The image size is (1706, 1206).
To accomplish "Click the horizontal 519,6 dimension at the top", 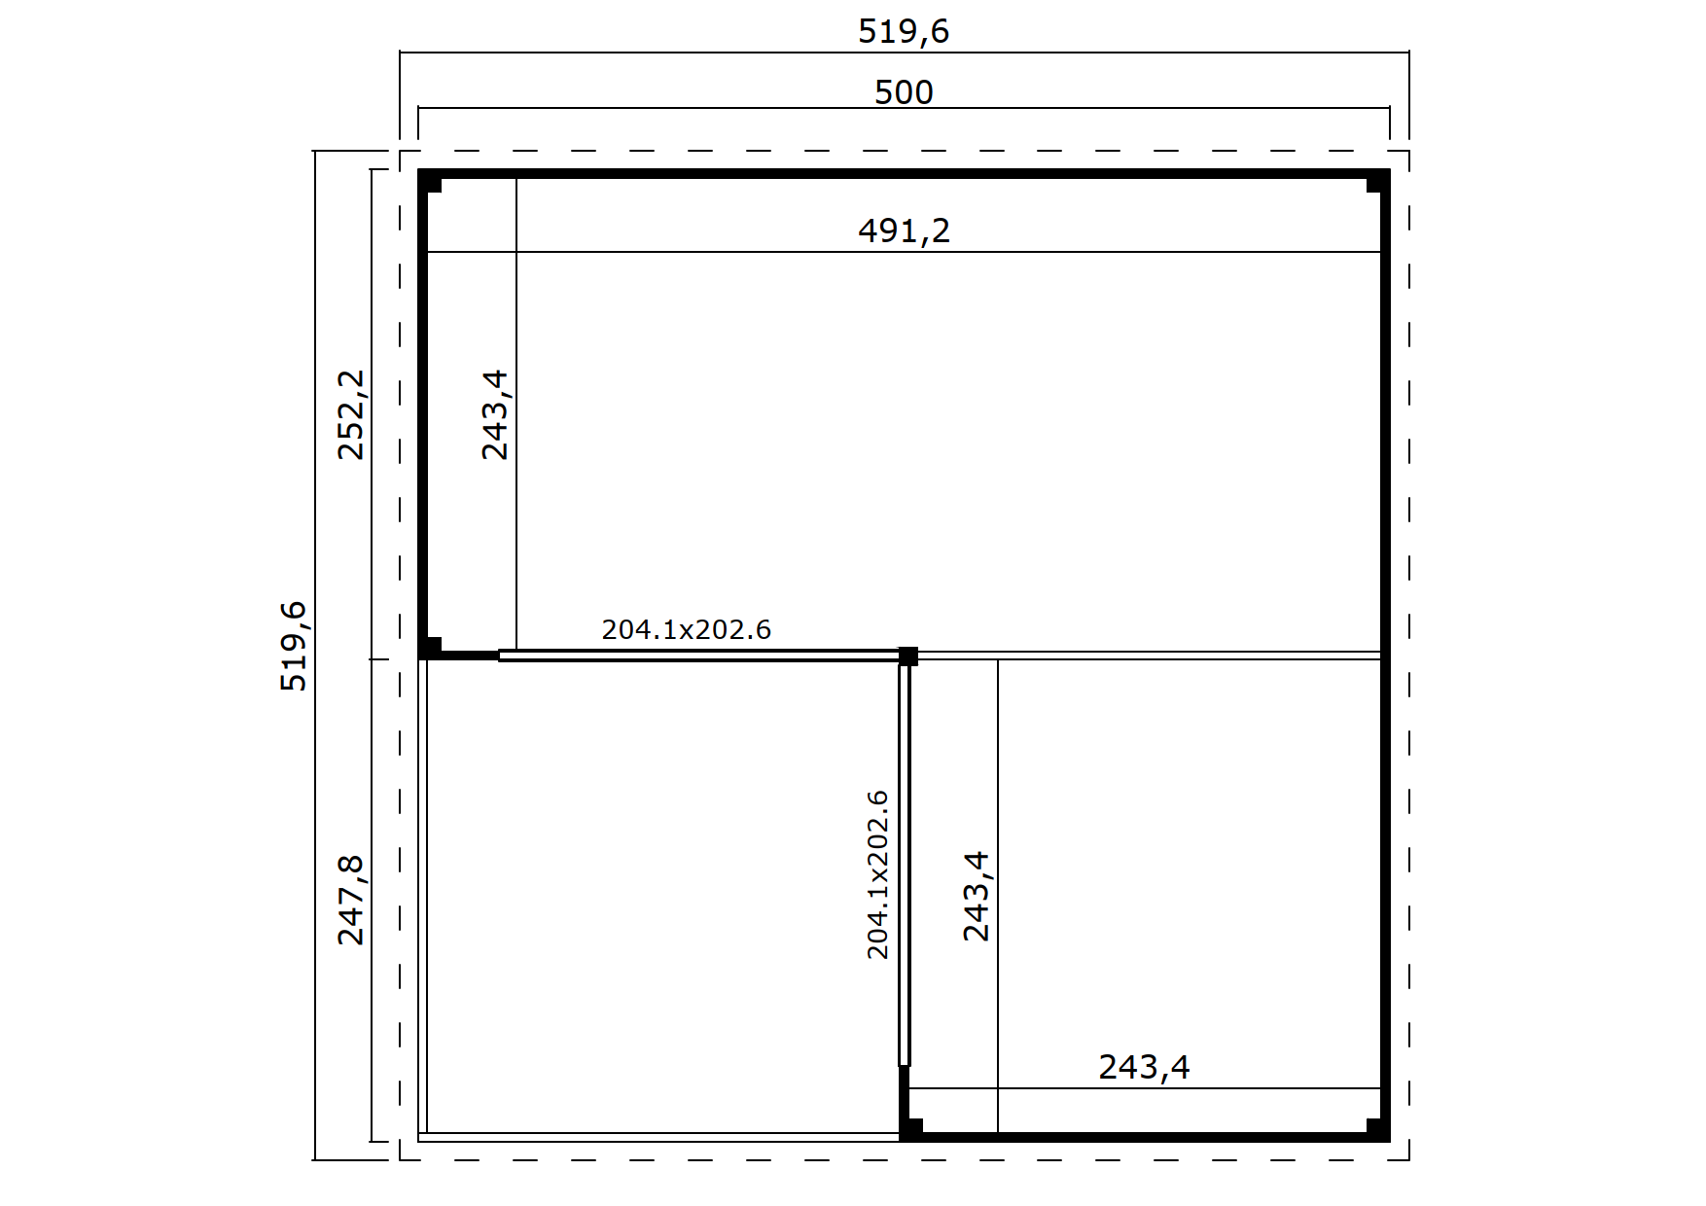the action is [x=903, y=32].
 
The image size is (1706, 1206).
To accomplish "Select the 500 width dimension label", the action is [x=904, y=92].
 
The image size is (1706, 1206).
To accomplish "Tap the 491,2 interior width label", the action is [x=904, y=231].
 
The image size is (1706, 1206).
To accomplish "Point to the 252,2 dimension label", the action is [x=350, y=414].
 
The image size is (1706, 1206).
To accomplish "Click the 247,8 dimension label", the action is [x=350, y=900].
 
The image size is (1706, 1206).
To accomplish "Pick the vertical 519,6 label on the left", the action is [x=293, y=646].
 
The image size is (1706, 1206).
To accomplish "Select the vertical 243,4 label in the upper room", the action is [x=495, y=414].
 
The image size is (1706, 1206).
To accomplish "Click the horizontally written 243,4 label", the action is [x=1144, y=1067].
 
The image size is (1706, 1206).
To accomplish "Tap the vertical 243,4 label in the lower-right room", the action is [x=976, y=896].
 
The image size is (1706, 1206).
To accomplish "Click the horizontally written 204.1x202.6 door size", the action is [x=687, y=630].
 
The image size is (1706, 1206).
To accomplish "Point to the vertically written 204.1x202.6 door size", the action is [x=877, y=874].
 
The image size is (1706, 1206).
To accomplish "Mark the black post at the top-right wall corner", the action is [x=1377, y=183].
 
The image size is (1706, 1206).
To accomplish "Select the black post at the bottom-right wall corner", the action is [x=1377, y=1129].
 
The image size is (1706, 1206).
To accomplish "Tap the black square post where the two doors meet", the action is [x=907, y=656].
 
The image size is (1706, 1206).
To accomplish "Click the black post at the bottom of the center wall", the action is [x=910, y=1129].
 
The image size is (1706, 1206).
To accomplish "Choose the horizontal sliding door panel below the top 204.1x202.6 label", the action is [x=699, y=656].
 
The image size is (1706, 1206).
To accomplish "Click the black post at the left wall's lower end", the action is [x=431, y=648].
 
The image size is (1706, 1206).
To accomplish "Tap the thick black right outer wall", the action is [x=1385, y=656].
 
